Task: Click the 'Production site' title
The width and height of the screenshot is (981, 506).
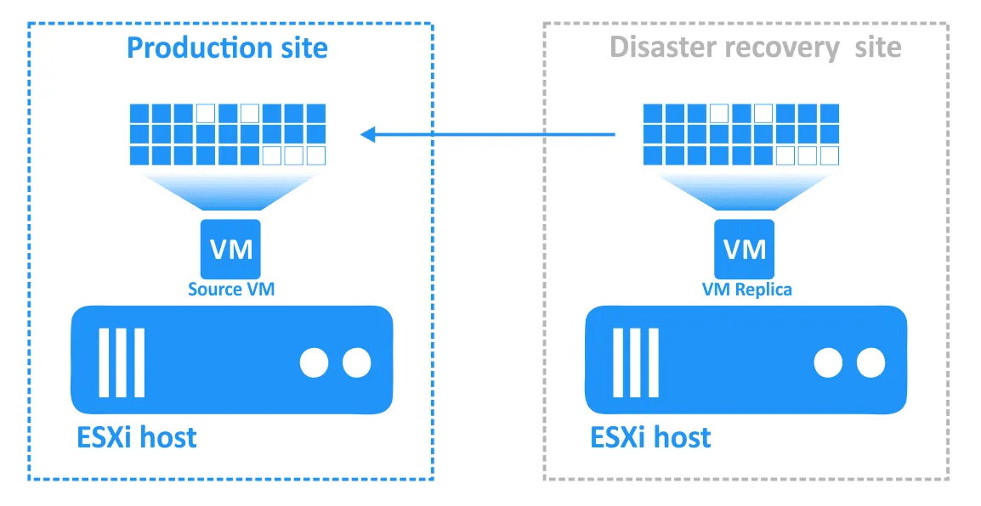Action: (x=227, y=48)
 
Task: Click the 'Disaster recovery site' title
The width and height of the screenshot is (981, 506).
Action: (x=755, y=48)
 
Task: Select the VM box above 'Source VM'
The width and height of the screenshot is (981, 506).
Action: (x=230, y=248)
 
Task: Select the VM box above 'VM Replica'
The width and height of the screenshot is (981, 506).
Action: (x=745, y=248)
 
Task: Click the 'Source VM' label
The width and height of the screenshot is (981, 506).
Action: (x=231, y=290)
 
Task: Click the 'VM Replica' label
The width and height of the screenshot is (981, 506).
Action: (x=746, y=290)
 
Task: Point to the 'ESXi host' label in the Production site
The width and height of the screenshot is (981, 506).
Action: (x=137, y=437)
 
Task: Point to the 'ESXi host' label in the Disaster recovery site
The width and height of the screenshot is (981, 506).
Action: (x=651, y=437)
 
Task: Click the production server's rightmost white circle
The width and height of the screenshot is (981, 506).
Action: (x=356, y=363)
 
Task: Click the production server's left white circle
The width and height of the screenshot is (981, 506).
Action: (x=315, y=363)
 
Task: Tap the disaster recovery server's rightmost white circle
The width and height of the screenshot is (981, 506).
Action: (x=870, y=363)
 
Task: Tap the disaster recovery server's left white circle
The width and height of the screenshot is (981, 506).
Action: (x=829, y=363)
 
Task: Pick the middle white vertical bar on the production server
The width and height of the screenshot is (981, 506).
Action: (x=121, y=363)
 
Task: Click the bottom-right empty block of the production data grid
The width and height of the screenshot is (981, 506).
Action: (x=316, y=155)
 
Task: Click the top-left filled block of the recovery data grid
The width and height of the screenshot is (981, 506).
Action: (x=653, y=112)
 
